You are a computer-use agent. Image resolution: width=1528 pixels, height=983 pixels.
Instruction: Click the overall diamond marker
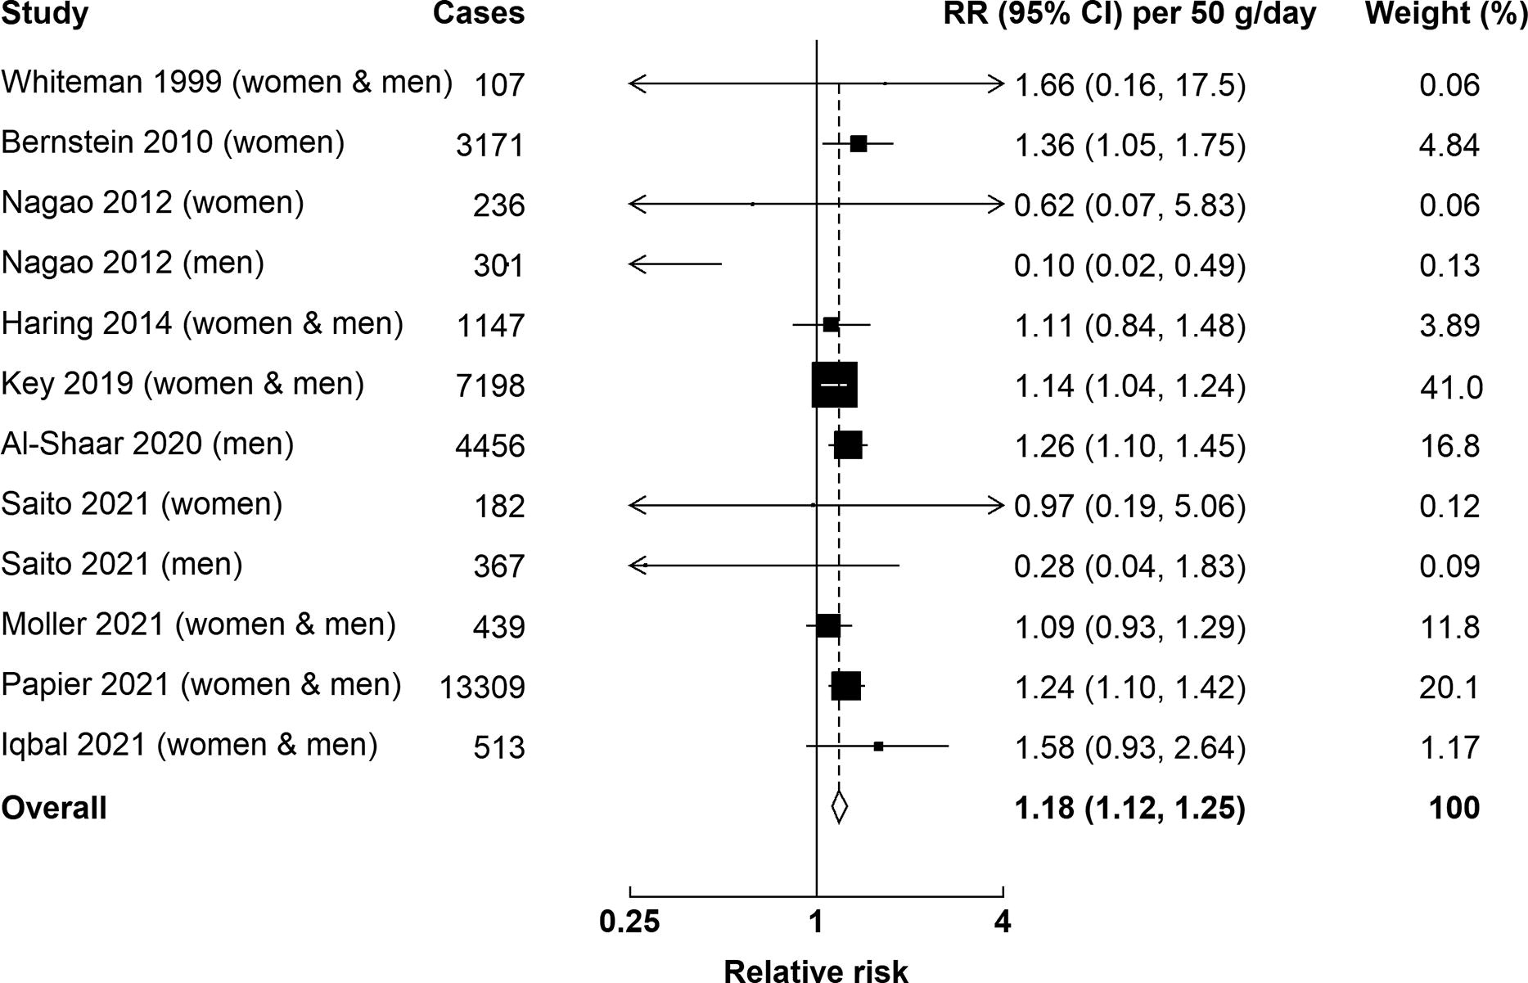pos(839,807)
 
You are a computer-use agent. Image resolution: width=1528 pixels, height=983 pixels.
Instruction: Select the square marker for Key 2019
pos(834,384)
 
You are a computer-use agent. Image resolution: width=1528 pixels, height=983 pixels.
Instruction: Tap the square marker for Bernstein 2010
pos(859,144)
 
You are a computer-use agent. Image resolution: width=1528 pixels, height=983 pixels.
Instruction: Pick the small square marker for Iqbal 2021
pos(878,746)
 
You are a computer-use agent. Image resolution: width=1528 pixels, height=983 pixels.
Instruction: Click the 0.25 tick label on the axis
pos(629,922)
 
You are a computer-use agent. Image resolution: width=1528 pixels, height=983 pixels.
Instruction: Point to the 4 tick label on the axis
pos(1003,922)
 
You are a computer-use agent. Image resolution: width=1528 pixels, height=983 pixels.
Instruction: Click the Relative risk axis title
pos(816,970)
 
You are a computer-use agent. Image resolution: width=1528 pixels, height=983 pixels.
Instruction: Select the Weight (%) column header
pos(1445,14)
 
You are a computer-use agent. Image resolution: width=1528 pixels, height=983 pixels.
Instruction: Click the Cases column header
pos(479,14)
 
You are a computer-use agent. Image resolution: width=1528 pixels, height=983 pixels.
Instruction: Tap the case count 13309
pos(482,688)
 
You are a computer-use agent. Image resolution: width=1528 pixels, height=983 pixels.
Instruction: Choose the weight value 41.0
pos(1451,386)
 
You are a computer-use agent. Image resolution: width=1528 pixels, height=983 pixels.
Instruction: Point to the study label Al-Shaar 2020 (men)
pos(147,444)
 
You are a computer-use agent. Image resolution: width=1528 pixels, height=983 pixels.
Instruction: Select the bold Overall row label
pos(54,808)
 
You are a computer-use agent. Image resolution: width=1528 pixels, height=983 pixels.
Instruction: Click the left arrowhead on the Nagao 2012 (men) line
pos(634,264)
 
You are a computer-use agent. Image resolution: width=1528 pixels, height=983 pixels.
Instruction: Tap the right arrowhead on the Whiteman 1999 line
pos(998,83)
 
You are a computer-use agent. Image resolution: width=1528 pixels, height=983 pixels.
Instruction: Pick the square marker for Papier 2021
pos(846,686)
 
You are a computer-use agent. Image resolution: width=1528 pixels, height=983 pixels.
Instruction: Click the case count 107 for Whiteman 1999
pos(498,85)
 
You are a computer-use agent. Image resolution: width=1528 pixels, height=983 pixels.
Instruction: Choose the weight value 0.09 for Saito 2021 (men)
pos(1449,566)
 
